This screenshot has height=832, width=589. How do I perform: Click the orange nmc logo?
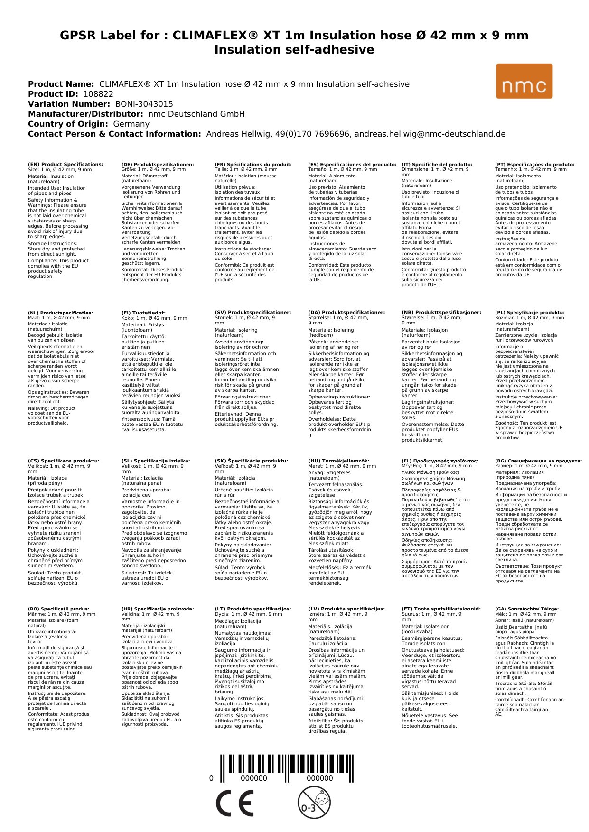524,81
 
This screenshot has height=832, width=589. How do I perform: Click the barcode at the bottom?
286,769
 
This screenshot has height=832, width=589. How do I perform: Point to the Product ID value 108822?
98,94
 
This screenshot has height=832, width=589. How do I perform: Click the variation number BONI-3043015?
144,104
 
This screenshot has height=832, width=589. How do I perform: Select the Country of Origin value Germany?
131,124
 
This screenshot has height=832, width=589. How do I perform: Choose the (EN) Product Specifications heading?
65,165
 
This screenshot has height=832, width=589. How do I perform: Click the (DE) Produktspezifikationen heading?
158,165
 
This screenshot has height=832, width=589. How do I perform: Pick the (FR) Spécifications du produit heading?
253,165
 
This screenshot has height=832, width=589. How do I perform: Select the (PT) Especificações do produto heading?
534,165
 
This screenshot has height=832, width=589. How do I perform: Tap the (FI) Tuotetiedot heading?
143,313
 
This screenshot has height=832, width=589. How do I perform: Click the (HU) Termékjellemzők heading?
338,461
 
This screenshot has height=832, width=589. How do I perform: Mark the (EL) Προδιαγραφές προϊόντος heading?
440,461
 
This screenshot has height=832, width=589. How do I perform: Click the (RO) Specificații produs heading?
58,609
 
